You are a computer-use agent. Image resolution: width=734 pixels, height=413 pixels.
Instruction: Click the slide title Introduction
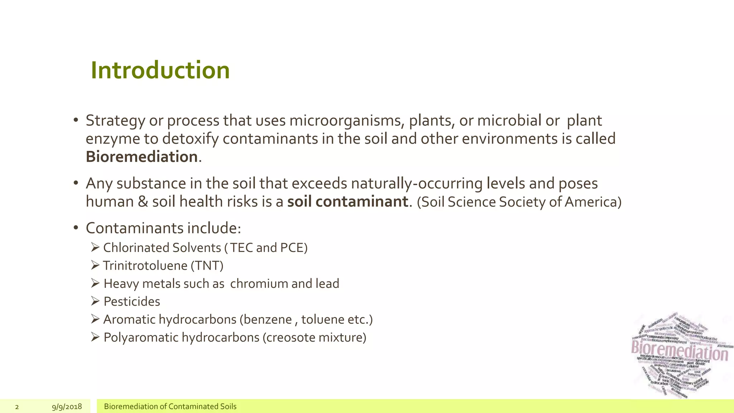[160, 70]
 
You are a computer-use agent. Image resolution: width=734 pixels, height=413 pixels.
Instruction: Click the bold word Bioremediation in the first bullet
[142, 157]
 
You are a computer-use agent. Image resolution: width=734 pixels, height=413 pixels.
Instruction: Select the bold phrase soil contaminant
[347, 201]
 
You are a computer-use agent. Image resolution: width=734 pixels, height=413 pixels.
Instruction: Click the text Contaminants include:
[163, 228]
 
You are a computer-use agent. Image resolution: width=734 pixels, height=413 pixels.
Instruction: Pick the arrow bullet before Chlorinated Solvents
[95, 247]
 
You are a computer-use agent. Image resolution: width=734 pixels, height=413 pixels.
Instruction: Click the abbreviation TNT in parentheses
[207, 266]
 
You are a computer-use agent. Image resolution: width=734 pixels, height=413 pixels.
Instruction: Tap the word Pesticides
[132, 302]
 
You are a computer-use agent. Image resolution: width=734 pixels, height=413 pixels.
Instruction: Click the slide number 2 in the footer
[17, 407]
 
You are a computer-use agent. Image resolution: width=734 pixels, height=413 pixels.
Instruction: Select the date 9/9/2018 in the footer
[67, 407]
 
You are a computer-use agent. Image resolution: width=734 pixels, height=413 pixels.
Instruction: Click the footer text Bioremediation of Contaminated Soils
[170, 407]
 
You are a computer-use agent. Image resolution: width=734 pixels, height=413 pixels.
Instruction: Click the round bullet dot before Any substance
[76, 183]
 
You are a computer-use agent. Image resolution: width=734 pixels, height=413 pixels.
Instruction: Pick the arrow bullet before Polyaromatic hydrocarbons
[95, 337]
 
